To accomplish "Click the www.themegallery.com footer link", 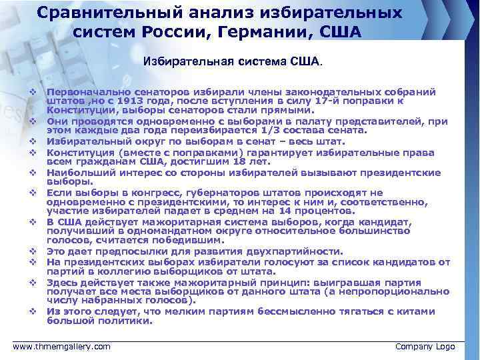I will tap(62, 347).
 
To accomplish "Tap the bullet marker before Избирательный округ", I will tap(32, 141).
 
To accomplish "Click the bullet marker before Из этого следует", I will tap(32, 311).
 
